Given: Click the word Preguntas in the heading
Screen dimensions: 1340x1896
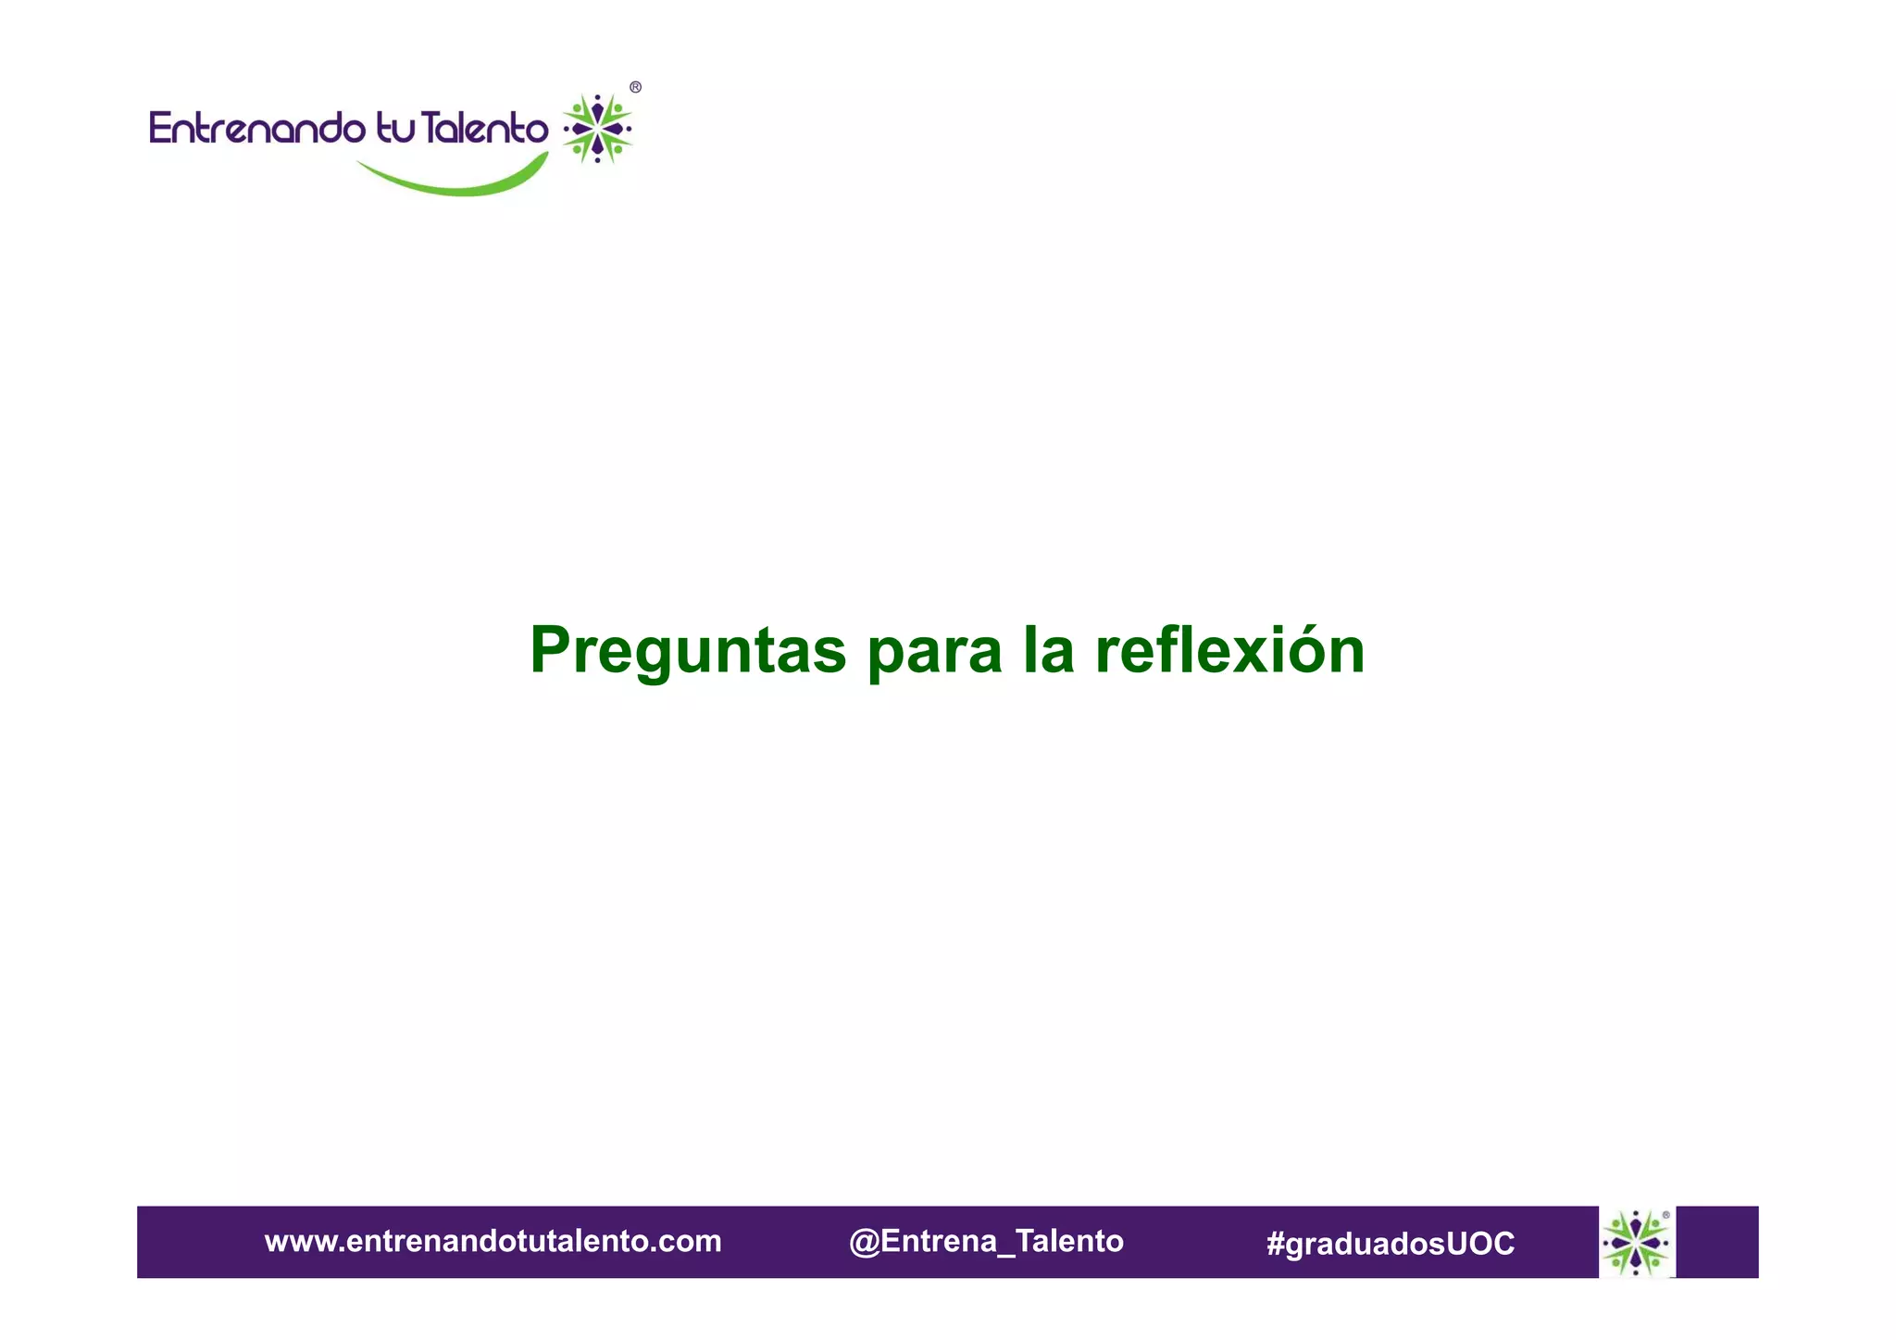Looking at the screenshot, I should (687, 651).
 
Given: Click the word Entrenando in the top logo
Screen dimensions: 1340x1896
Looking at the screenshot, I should (256, 128).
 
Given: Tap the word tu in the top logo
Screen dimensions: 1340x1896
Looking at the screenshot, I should (396, 128).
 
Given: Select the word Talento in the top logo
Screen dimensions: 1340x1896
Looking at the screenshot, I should (484, 128).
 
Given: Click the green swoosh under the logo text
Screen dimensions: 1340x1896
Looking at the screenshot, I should (454, 182).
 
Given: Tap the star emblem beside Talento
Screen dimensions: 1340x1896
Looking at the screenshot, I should (598, 129).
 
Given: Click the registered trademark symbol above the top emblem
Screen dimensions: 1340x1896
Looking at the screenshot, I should (635, 87).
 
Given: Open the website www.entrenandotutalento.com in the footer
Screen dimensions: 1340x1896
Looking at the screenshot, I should (493, 1241).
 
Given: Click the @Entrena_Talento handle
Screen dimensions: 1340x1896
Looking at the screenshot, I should (986, 1241).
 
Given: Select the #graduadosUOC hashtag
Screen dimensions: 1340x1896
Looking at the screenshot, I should (1390, 1244).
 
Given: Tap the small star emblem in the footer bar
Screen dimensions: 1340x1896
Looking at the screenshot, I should (1636, 1242).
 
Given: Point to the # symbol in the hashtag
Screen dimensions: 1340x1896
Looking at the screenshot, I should (1275, 1244).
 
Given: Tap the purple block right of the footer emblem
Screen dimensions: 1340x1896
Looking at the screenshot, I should (1717, 1242).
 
